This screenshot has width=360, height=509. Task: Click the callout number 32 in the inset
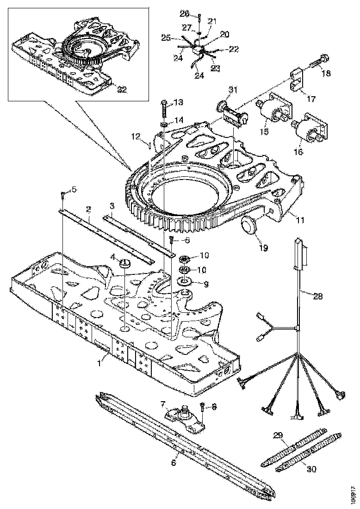[x=122, y=90]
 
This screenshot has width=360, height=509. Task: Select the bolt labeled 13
[x=164, y=109]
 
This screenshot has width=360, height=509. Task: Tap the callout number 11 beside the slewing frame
[x=301, y=221]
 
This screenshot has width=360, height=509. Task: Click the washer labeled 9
[x=185, y=282]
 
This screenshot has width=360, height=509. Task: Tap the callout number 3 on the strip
[x=112, y=205]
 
